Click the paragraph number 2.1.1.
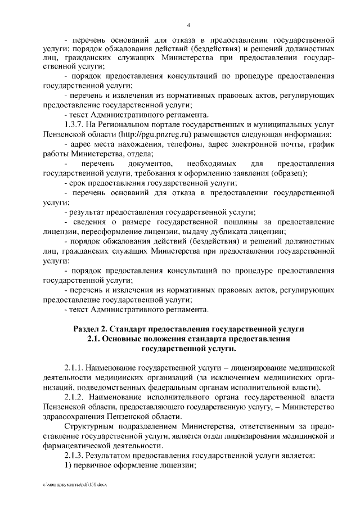pos(76,367)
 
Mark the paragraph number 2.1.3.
pos(76,455)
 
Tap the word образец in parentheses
pos(287,173)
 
